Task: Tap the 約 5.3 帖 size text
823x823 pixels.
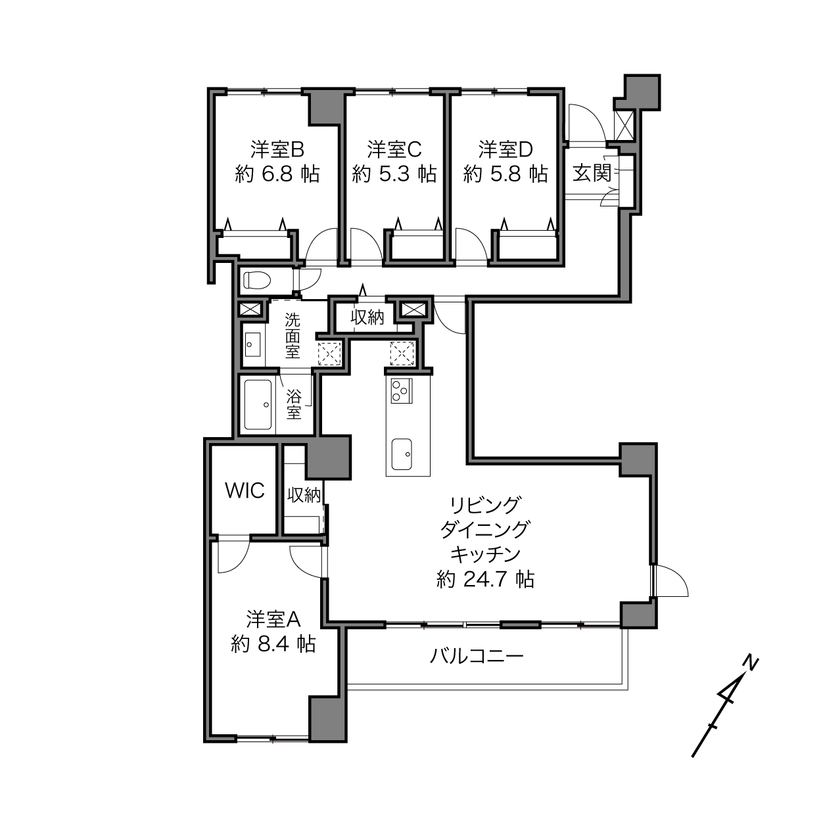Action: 394,174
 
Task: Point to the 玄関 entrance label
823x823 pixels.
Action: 592,173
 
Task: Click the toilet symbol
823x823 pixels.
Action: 257,281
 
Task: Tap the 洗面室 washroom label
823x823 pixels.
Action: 293,336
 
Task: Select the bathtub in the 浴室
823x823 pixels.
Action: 258,404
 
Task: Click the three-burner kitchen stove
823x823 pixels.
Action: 402,390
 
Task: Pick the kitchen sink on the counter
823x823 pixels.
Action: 402,454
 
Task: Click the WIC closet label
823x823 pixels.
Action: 245,491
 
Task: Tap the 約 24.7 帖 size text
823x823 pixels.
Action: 485,580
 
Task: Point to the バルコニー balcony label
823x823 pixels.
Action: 477,655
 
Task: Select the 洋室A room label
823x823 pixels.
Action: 273,619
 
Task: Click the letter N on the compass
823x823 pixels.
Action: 750,664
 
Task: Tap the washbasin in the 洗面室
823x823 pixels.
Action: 253,344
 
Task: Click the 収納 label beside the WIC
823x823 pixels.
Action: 304,496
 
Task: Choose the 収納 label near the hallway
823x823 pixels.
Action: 367,317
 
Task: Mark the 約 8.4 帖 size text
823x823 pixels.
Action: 273,644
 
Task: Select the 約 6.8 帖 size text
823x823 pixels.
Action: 277,174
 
